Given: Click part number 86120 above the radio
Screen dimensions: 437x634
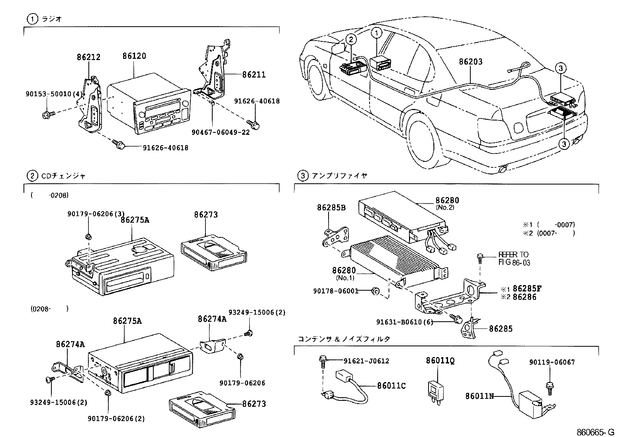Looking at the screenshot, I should click(134, 56).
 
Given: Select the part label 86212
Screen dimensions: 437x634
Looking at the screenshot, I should click(88, 57).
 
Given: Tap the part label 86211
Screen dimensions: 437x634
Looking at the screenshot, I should click(253, 74).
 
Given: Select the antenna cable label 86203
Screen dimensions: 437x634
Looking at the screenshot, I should click(470, 62).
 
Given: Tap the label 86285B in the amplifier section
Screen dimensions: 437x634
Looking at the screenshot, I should click(331, 207).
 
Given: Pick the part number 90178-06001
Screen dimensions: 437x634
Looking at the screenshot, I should click(335, 291).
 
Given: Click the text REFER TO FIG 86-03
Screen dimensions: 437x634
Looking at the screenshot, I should click(513, 258).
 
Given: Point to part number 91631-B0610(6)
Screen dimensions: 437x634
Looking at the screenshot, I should click(404, 322).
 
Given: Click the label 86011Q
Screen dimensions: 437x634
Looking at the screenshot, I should click(440, 361).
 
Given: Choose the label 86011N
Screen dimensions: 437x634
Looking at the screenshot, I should click(479, 396).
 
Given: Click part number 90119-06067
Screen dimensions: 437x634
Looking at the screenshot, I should click(552, 362).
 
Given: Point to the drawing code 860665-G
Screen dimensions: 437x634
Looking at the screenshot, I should click(596, 432).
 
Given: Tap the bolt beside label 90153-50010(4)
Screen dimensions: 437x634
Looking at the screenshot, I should click(46, 115).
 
